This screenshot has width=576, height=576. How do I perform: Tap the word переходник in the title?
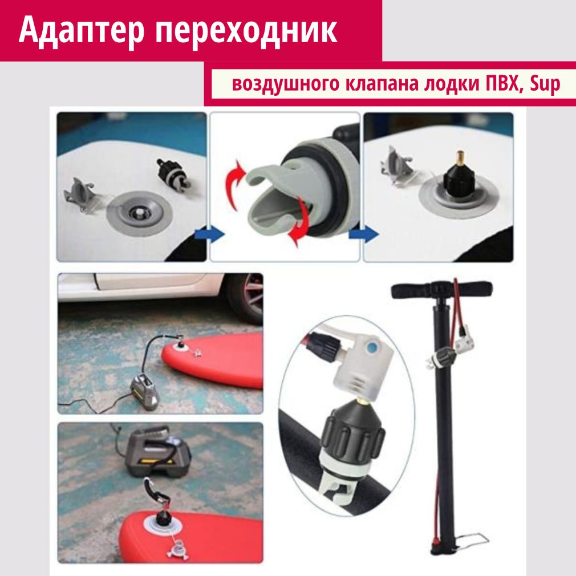[246, 31]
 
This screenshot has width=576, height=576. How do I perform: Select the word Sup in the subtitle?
[545, 84]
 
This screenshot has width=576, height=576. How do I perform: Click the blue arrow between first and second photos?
[209, 234]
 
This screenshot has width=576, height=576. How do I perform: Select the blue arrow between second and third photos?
[364, 234]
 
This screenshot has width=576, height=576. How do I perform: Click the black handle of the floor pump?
[441, 290]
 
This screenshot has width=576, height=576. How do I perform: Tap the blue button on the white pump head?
[372, 346]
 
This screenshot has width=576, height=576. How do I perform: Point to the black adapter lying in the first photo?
[171, 173]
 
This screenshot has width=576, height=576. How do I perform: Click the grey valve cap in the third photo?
[396, 165]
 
